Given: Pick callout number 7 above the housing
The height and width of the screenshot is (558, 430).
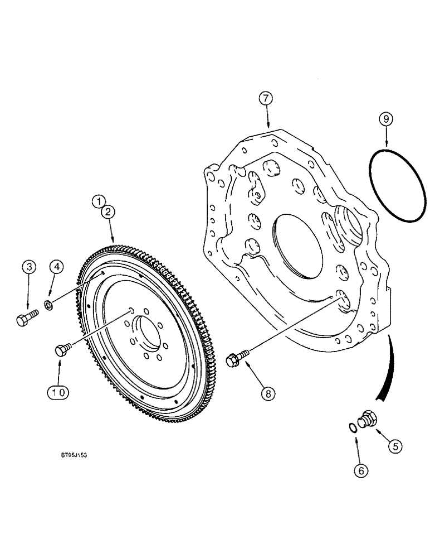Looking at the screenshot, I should tap(267, 99).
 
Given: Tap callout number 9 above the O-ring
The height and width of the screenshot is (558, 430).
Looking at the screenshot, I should tap(384, 118).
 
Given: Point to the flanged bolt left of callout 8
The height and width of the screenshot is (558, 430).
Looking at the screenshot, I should tap(236, 359).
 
